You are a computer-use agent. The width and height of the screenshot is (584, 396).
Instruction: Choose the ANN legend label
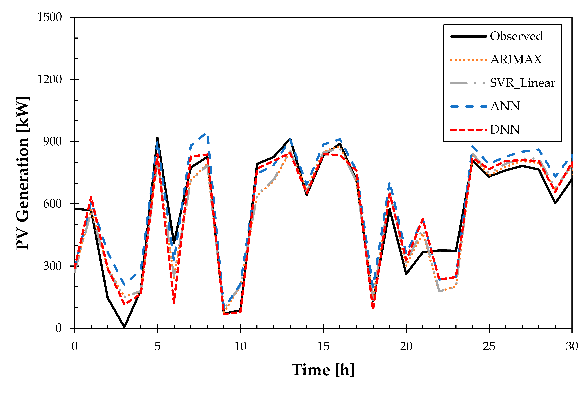point(505,106)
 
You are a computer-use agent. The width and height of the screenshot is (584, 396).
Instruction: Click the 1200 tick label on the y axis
point(49,79)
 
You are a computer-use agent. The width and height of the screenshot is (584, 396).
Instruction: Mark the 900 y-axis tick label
point(52,141)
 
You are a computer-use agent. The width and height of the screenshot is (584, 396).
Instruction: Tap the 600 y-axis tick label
point(52,204)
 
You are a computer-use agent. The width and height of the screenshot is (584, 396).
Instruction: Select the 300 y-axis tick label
point(52,266)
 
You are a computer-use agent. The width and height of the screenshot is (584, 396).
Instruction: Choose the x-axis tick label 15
point(323,346)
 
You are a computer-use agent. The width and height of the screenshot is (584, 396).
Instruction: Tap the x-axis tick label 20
point(406,346)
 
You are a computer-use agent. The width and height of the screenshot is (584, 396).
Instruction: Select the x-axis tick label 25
point(489,346)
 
